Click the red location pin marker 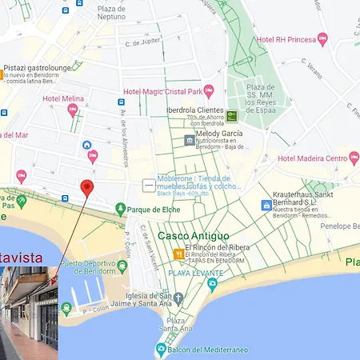[x=88, y=188]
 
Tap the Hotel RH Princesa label [x=286, y=39]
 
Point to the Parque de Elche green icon [x=120, y=210]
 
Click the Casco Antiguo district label [x=193, y=236]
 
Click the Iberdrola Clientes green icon [x=231, y=115]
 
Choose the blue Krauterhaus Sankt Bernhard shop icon [x=266, y=206]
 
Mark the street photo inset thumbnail [x=29, y=313]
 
